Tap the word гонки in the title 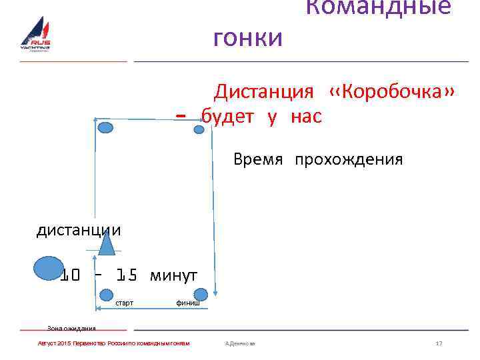tap(248, 38)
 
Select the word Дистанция tap(263, 91)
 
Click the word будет tap(228, 117)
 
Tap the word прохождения tap(349, 160)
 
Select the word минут tap(174, 275)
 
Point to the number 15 tap(127, 275)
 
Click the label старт tap(125, 303)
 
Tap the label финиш tap(187, 303)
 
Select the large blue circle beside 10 tap(48, 269)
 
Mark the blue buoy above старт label tap(107, 294)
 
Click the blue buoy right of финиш tap(201, 294)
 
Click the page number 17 tap(439, 343)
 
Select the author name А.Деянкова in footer tap(241, 343)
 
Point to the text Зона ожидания tap(71, 328)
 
